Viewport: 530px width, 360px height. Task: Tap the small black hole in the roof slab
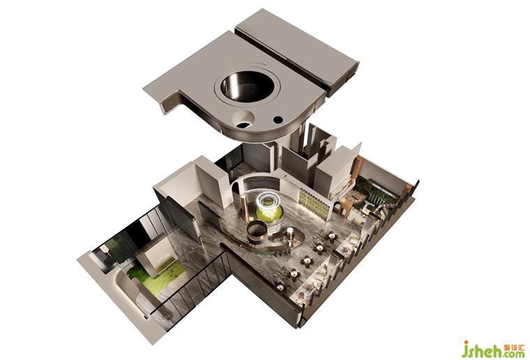[x=278, y=119]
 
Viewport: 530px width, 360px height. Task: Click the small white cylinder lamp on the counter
[x=289, y=234]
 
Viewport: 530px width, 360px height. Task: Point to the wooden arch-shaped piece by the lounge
[x=345, y=207]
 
